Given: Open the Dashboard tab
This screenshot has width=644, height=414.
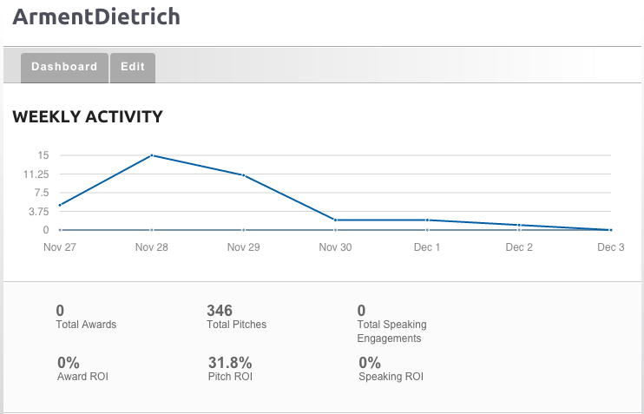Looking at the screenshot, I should click(64, 67).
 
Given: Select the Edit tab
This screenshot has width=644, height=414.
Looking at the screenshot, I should click(133, 67).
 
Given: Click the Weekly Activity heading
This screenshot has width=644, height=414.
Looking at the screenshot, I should click(88, 116).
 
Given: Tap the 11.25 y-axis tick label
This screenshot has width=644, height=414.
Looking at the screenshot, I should click(37, 174).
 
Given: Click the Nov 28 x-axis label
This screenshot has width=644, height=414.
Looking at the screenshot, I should click(152, 247).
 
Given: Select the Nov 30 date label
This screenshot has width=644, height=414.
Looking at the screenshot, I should click(335, 247).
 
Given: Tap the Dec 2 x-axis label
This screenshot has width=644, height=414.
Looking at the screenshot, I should click(519, 247).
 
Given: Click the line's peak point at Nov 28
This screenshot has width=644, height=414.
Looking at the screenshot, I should click(152, 155).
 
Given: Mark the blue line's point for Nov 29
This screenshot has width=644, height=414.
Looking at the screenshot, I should click(244, 175).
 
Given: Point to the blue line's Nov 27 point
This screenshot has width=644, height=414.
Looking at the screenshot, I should click(60, 206).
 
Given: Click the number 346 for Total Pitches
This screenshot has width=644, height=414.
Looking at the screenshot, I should click(220, 311).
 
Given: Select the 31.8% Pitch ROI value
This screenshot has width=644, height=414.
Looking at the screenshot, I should click(230, 363).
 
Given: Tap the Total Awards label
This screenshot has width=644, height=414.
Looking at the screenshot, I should click(86, 325).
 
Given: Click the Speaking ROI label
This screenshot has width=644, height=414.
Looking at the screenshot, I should click(391, 377).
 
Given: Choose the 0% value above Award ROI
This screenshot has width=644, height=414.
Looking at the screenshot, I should click(69, 363).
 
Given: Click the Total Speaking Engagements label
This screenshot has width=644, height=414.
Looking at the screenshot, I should click(391, 332).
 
